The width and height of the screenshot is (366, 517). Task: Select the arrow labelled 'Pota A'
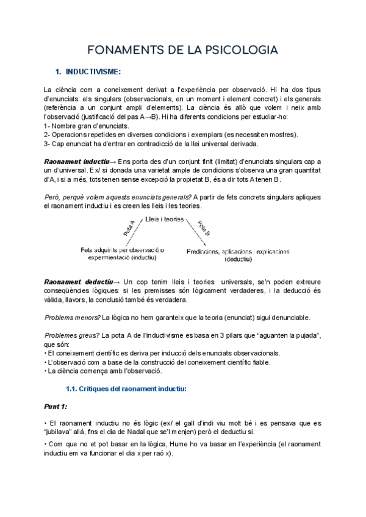coord(131,227)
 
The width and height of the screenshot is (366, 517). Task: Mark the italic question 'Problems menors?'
coord(73,318)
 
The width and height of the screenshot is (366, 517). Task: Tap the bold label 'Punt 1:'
coord(56,407)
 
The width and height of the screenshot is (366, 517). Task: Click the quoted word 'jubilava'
coord(62,432)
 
